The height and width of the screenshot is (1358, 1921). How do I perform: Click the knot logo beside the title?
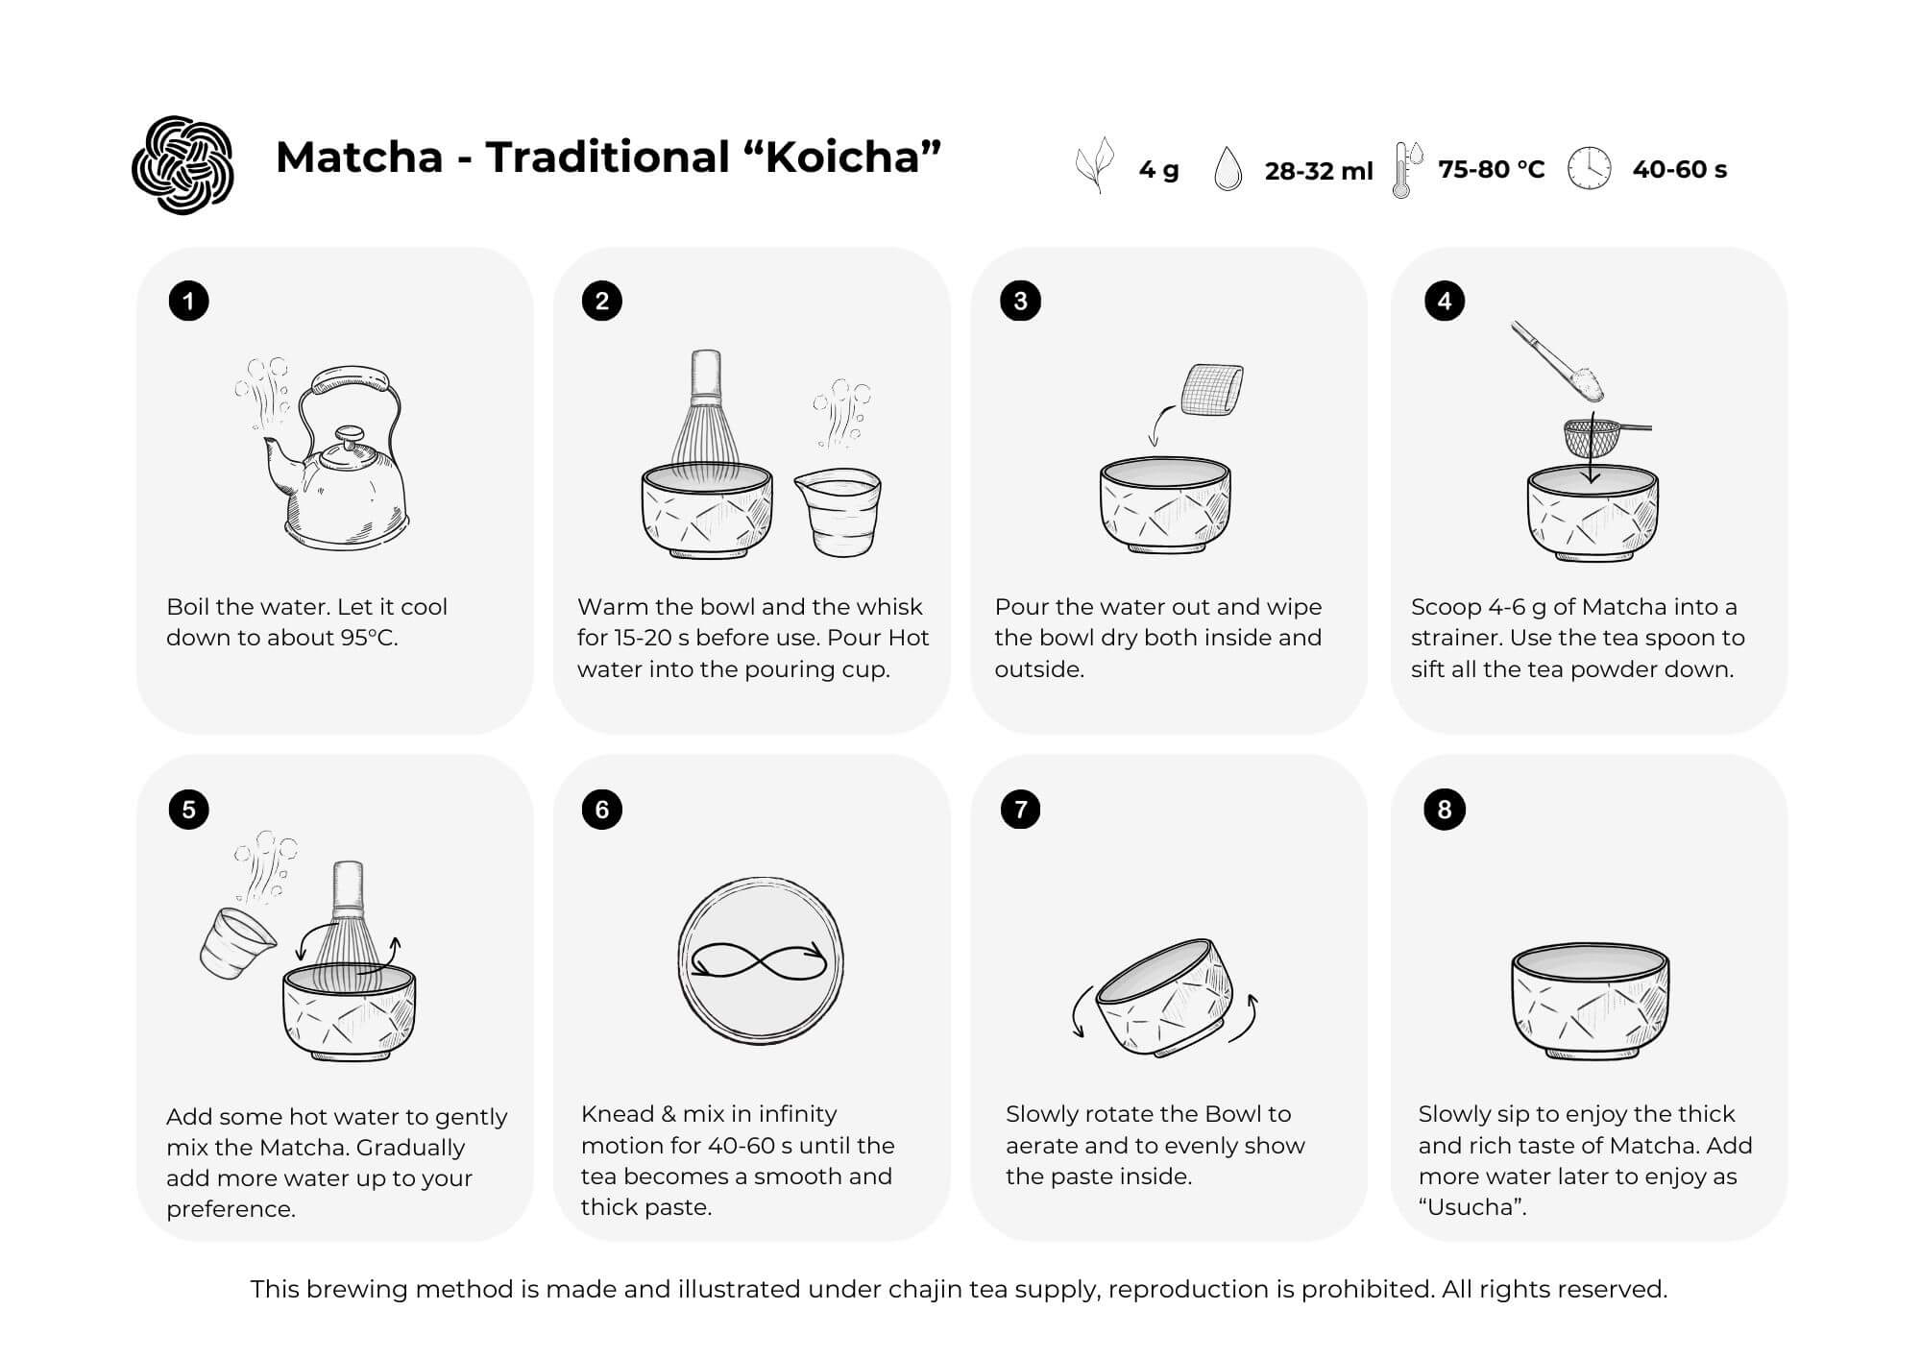182,165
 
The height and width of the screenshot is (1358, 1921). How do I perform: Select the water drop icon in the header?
1228,169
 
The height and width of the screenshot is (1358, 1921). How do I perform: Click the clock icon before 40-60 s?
1589,169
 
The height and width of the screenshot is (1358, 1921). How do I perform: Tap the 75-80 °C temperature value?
1491,170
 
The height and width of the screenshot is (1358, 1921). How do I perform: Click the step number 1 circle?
188,302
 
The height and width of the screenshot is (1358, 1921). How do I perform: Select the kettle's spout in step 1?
279,459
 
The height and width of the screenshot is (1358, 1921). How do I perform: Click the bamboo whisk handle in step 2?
706,375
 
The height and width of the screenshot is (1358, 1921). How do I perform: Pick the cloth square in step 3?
1211,390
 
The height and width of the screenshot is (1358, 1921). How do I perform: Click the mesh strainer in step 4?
1590,437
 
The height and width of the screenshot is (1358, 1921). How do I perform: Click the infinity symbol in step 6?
759,961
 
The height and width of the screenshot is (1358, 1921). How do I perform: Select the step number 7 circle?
1020,810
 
